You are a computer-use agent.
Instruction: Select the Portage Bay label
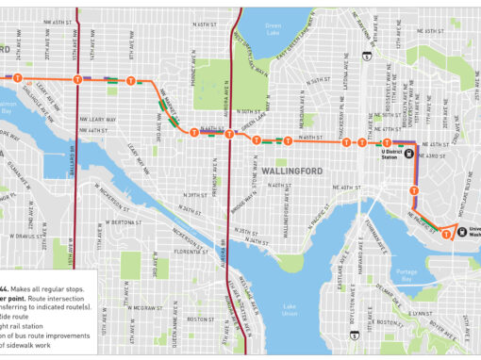point(406,280)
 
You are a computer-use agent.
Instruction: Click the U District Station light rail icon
point(409,157)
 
